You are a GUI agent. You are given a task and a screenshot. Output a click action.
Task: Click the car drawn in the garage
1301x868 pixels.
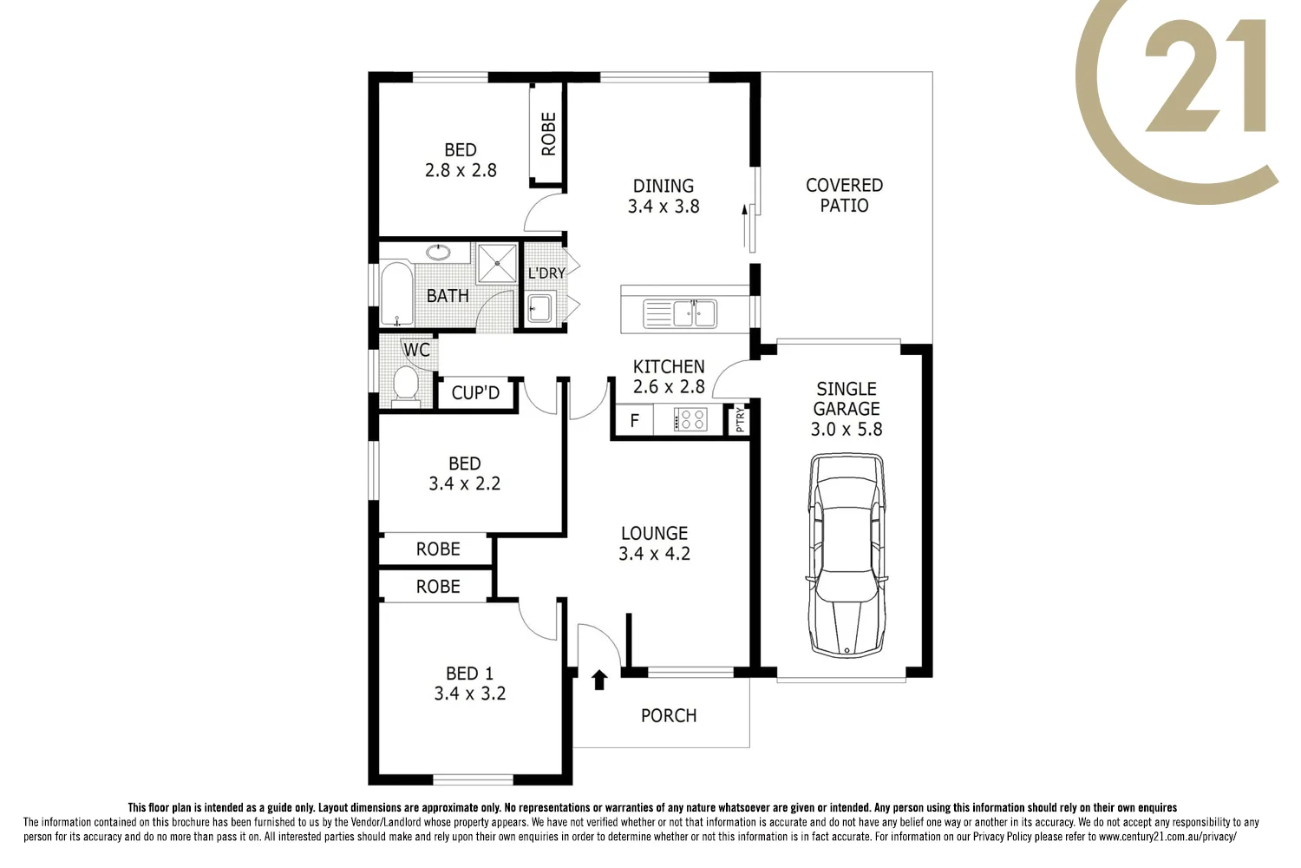click(x=847, y=556)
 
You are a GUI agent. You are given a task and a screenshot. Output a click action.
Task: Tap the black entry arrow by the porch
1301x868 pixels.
click(x=598, y=679)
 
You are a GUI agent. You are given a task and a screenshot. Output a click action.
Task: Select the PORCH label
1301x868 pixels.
click(x=669, y=716)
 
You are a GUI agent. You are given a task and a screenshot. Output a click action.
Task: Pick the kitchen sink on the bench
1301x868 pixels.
click(x=680, y=313)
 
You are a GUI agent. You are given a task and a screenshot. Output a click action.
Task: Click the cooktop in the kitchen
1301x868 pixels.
click(x=691, y=421)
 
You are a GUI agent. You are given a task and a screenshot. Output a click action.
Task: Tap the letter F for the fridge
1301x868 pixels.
click(x=635, y=421)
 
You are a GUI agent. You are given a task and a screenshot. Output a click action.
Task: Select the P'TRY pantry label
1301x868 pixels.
click(x=740, y=421)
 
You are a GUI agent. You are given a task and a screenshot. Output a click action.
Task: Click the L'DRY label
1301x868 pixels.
click(x=546, y=273)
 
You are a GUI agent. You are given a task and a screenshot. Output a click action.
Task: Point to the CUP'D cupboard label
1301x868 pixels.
click(x=475, y=393)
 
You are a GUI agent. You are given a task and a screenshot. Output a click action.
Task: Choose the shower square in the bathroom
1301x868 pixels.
click(x=497, y=263)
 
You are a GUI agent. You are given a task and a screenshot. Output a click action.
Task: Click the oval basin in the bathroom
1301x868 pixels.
click(x=438, y=253)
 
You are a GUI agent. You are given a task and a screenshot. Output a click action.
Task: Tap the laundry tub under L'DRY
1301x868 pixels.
click(x=539, y=308)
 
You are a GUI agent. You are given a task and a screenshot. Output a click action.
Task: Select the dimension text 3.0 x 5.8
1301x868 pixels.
click(x=847, y=430)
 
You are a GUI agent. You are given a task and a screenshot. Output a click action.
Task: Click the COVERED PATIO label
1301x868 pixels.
click(x=844, y=195)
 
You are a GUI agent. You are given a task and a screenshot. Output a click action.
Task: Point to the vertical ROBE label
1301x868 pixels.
click(x=548, y=134)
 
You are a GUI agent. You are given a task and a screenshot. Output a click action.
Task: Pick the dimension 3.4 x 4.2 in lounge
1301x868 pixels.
click(x=654, y=554)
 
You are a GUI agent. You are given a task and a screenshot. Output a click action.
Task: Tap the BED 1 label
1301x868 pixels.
click(x=469, y=674)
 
